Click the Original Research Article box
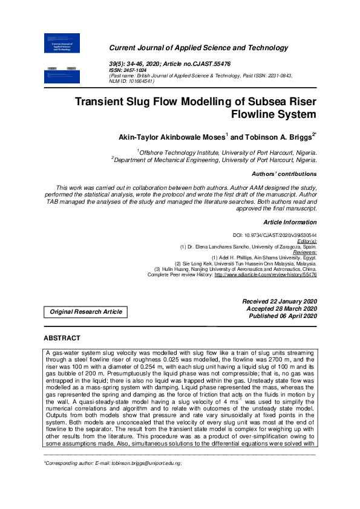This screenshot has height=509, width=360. (x=85, y=312)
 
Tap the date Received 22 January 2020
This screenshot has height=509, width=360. (x=279, y=301)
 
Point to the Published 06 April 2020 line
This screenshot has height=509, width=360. (x=280, y=316)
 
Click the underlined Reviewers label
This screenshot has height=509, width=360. (x=304, y=253)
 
